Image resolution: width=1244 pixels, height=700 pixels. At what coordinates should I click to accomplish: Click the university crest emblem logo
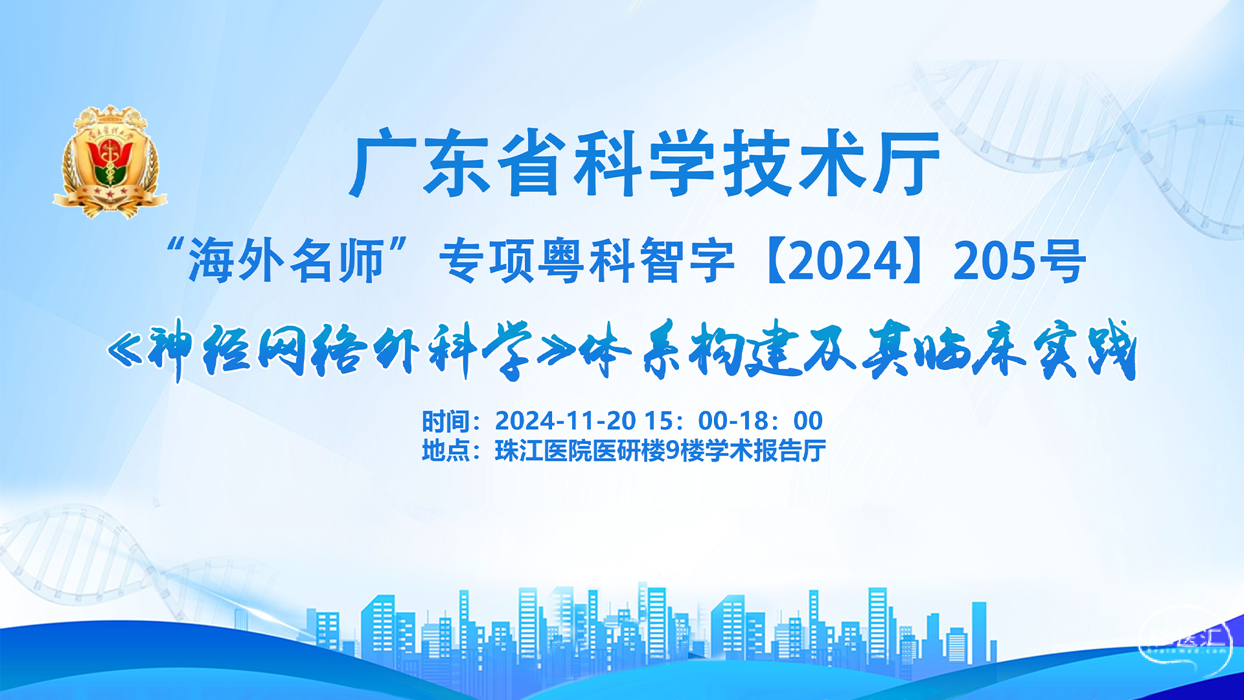coord(110,161)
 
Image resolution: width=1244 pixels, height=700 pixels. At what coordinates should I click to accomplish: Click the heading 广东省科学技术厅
coord(645,163)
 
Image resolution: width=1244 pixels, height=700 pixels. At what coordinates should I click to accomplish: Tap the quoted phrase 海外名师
coord(286,261)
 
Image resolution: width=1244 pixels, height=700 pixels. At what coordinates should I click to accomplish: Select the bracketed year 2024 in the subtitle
coord(846,261)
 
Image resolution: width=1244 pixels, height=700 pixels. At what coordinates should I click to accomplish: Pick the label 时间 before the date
coord(446,421)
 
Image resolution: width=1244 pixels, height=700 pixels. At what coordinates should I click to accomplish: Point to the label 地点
coord(446,450)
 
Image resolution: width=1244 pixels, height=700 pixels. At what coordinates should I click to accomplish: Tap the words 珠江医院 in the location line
coord(543,450)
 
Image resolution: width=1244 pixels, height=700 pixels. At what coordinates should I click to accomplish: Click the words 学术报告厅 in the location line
coord(766,450)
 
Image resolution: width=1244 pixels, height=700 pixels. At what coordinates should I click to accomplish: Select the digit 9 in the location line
coord(673,450)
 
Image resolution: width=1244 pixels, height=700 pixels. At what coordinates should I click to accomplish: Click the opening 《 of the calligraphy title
coord(126,352)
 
